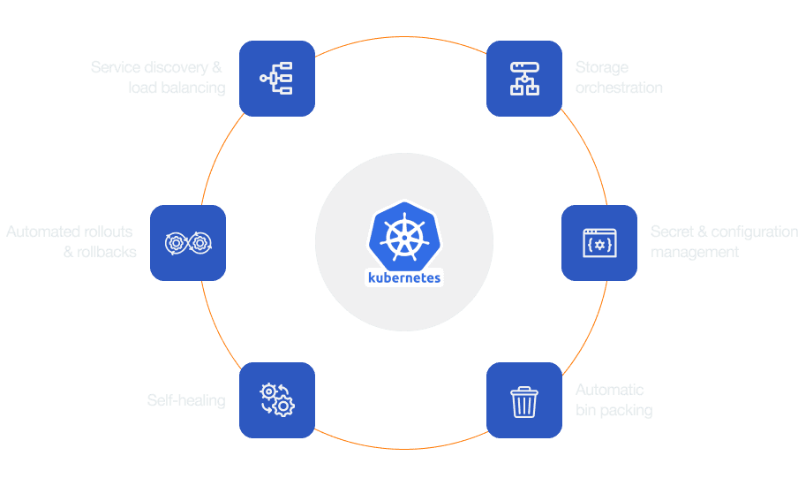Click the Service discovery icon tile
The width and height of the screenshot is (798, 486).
tap(277, 78)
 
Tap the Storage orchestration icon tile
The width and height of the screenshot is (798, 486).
tap(524, 78)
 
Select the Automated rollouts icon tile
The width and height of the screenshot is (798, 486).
tap(188, 243)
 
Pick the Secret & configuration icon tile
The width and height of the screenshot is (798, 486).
tap(599, 243)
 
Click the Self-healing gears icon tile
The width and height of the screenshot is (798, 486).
tap(277, 400)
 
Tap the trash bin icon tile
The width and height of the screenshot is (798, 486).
tap(524, 400)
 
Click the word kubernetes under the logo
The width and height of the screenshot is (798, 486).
tap(403, 277)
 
